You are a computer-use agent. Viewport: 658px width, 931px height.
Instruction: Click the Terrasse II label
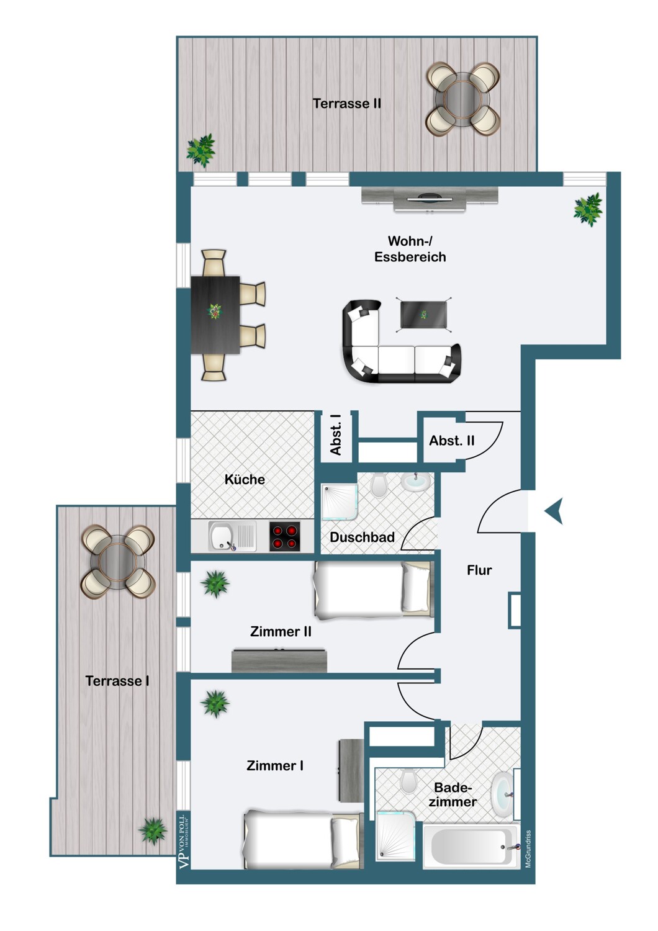(x=346, y=104)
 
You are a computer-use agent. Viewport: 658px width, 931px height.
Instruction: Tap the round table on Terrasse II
(x=462, y=99)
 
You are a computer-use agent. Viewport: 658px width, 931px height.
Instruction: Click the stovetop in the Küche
(x=285, y=537)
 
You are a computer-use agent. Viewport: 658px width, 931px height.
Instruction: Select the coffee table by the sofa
(x=423, y=315)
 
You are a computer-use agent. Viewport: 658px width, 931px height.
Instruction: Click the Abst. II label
(x=451, y=441)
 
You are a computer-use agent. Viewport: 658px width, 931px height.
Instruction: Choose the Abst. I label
(x=335, y=434)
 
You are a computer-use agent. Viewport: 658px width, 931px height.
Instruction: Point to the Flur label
(x=479, y=570)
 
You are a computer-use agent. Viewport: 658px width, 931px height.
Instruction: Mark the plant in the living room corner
(x=588, y=209)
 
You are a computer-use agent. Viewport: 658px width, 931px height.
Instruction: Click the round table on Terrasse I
(x=118, y=562)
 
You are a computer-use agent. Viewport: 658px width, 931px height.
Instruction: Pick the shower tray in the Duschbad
(x=339, y=501)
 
